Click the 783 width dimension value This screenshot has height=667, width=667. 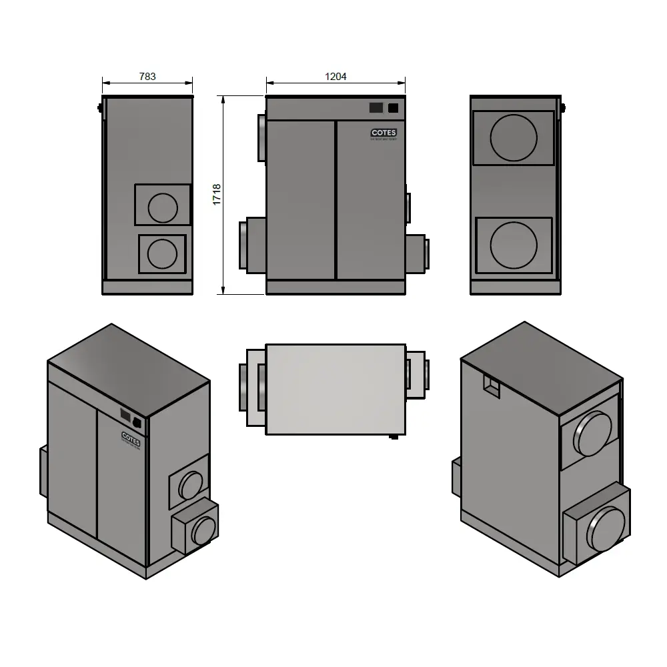[x=147, y=77]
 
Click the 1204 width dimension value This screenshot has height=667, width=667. [x=336, y=77]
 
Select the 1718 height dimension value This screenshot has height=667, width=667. [x=217, y=194]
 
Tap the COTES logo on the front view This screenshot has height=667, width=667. [x=384, y=133]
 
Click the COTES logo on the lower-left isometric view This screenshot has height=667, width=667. [x=131, y=437]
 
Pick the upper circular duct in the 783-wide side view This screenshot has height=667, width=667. [x=163, y=207]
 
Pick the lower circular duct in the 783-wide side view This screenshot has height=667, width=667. [x=162, y=253]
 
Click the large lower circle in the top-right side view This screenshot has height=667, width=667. [x=514, y=245]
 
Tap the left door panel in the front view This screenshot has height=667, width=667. [x=300, y=200]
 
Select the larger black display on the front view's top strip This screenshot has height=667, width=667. [x=376, y=107]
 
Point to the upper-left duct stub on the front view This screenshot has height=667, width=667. [x=261, y=137]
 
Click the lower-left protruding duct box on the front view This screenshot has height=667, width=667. [x=252, y=245]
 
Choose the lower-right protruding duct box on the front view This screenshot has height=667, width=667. [x=416, y=253]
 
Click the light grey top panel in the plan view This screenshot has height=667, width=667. [x=336, y=389]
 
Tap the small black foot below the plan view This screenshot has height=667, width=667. [x=394, y=438]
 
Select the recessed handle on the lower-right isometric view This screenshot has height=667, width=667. [x=491, y=386]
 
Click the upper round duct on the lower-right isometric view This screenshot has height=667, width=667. [x=594, y=434]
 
